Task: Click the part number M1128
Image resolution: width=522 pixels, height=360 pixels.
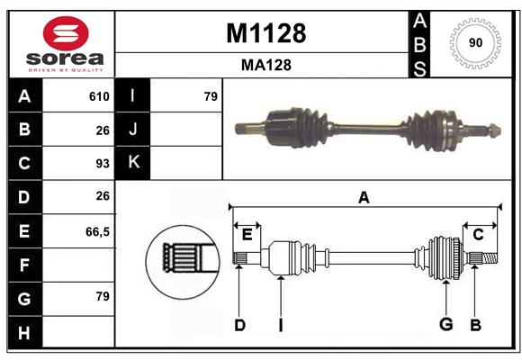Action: coord(265,34)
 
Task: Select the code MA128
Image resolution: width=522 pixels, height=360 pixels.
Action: coord(265,65)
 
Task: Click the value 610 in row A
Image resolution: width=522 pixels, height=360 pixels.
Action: coord(99,96)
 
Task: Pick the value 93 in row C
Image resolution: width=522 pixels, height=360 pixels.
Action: coord(102,164)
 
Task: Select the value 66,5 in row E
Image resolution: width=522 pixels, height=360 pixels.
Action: coord(97,231)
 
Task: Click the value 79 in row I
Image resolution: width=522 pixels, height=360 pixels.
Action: coord(211,96)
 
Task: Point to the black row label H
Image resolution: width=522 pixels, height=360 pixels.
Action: coord(24,333)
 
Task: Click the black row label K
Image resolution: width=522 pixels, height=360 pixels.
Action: coord(134,162)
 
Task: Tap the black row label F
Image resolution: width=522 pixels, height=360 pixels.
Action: coord(24,265)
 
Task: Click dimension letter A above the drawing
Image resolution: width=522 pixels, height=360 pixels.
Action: coord(364,197)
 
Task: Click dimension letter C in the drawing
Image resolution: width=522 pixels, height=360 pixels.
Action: coord(479,234)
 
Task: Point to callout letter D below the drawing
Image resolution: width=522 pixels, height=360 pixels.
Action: coord(239,325)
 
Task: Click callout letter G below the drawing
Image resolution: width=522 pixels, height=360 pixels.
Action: coord(445,325)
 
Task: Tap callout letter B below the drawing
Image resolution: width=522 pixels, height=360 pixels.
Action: coord(475,325)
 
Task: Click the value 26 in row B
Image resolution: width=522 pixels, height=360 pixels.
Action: coord(102,130)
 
